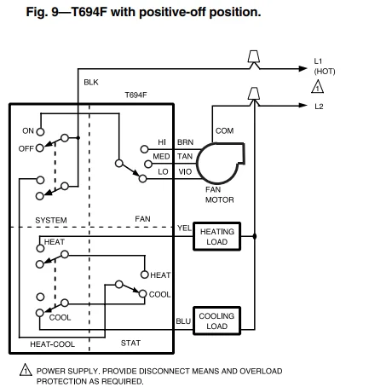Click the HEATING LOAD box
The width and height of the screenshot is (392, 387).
pos(216,236)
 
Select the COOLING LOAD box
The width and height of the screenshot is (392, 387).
pos(216,321)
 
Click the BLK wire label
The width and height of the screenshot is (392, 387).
pos(91,82)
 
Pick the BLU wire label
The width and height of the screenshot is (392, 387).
pos(183,321)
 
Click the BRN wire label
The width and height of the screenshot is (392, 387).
pos(185,142)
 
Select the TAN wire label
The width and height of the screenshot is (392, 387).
pos(185,157)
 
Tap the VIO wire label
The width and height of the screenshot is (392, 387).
pos(185,171)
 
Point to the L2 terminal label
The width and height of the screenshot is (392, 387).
pos(319,106)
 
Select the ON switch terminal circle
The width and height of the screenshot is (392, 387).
pos(40,131)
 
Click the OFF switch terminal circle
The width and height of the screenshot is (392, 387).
pos(40,147)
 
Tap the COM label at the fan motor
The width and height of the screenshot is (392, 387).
pos(224,130)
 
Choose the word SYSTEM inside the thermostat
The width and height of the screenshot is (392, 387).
pos(51,220)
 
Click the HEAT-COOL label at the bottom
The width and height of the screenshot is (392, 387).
pos(52,344)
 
